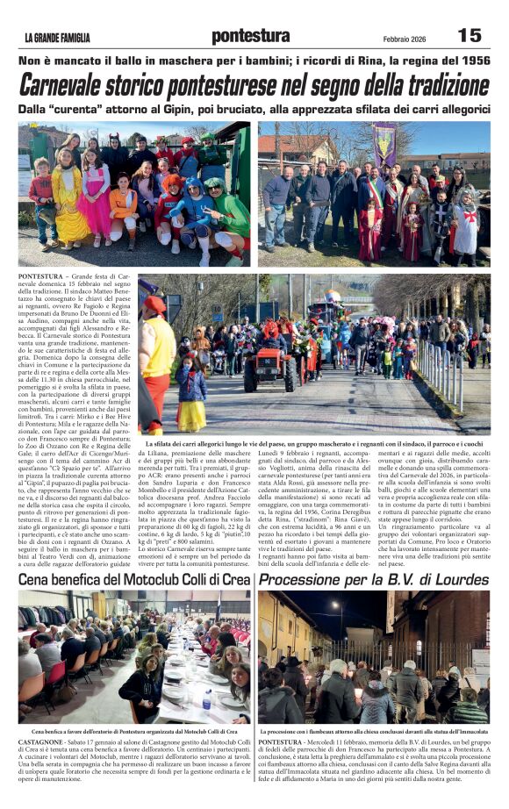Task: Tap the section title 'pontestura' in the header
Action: click(x=250, y=36)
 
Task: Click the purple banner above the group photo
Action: click(x=384, y=141)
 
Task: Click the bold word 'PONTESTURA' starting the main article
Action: click(x=40, y=276)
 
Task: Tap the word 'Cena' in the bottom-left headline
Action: click(x=35, y=580)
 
